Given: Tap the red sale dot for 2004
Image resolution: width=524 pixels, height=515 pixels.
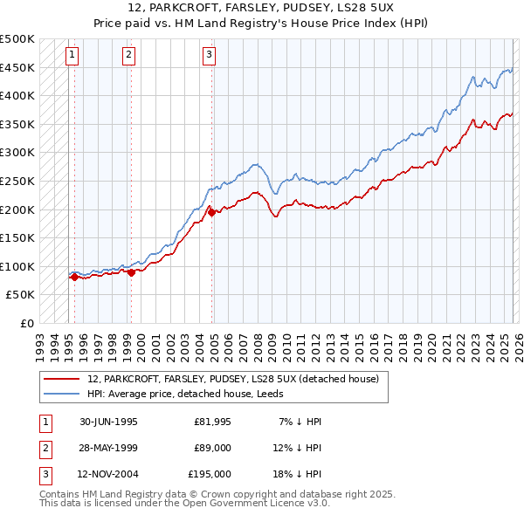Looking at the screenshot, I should coord(211,211).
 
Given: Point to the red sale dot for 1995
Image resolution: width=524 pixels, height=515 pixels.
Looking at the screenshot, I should coord(74,277).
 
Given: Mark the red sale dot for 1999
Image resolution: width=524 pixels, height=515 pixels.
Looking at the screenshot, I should coord(131,272).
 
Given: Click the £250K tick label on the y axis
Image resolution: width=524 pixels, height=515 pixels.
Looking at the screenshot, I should coord(17,181).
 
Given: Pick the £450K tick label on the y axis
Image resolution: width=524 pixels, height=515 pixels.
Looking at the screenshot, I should coord(17,67).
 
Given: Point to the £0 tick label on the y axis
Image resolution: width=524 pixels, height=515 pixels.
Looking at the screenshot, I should coord(27,323).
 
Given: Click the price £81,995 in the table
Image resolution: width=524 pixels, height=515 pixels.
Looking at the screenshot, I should coord(212,422).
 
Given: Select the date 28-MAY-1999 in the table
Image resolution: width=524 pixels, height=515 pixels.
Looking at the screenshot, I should coord(108,448).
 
